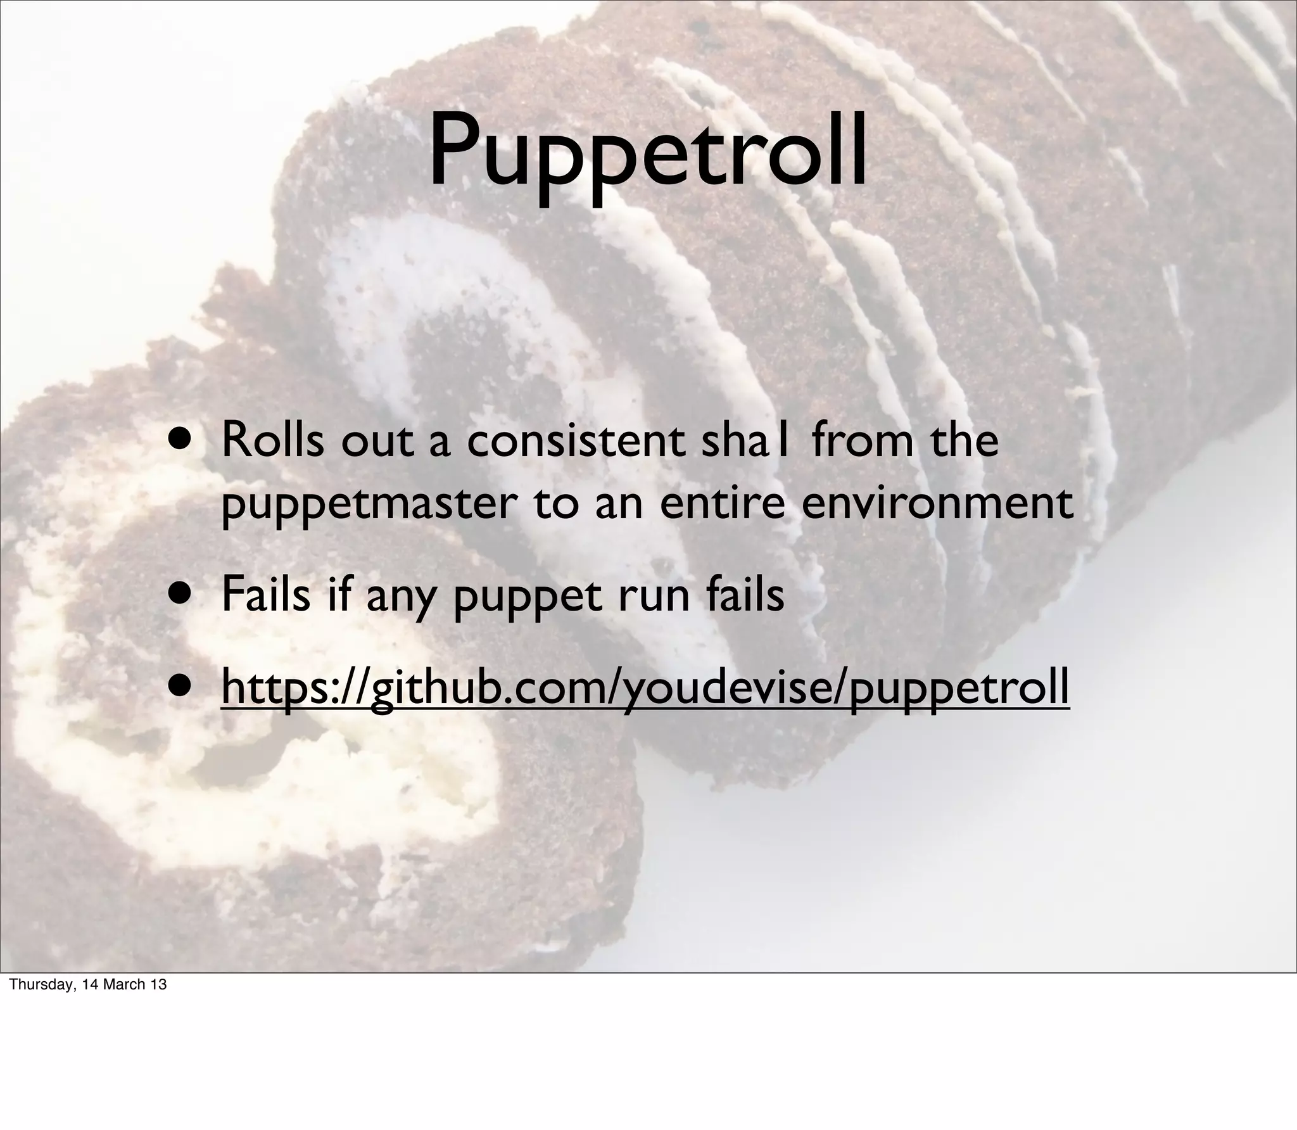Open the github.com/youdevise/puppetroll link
pos(645,687)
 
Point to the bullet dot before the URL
pos(186,687)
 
